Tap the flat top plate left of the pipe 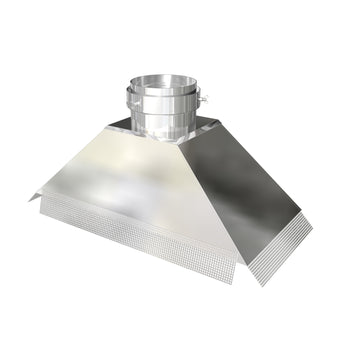(x=121, y=125)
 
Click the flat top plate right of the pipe (x=211, y=127)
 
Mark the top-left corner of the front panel (x=108, y=129)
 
